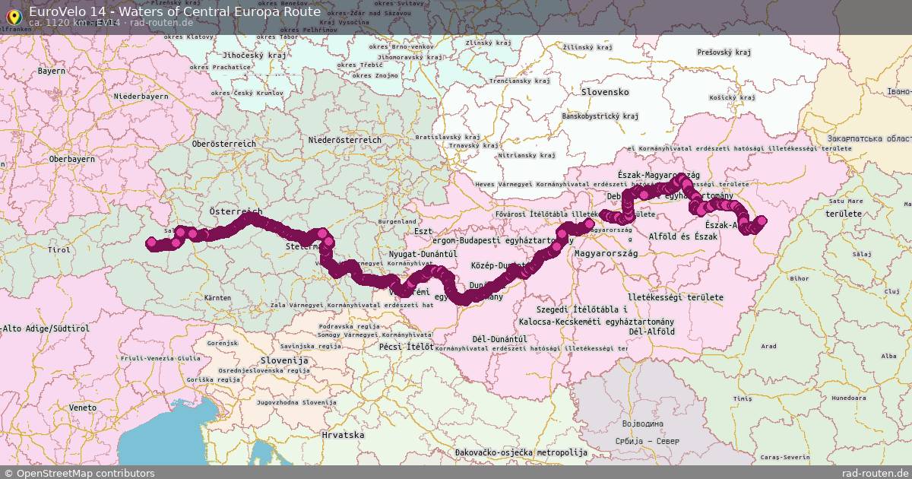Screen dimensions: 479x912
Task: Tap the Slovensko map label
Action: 605,92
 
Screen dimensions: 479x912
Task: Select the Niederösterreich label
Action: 345,141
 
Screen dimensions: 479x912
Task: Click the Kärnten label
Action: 217,298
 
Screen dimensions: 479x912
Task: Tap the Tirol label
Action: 59,249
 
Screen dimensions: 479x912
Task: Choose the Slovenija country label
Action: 283,360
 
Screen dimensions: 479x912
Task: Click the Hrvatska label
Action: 343,436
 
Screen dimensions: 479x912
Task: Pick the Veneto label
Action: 83,408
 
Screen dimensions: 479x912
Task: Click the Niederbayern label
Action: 141,97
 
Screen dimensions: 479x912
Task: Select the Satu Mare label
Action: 847,201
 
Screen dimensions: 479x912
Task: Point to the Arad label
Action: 768,346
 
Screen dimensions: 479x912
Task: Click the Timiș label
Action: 743,398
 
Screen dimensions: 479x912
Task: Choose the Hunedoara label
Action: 849,398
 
